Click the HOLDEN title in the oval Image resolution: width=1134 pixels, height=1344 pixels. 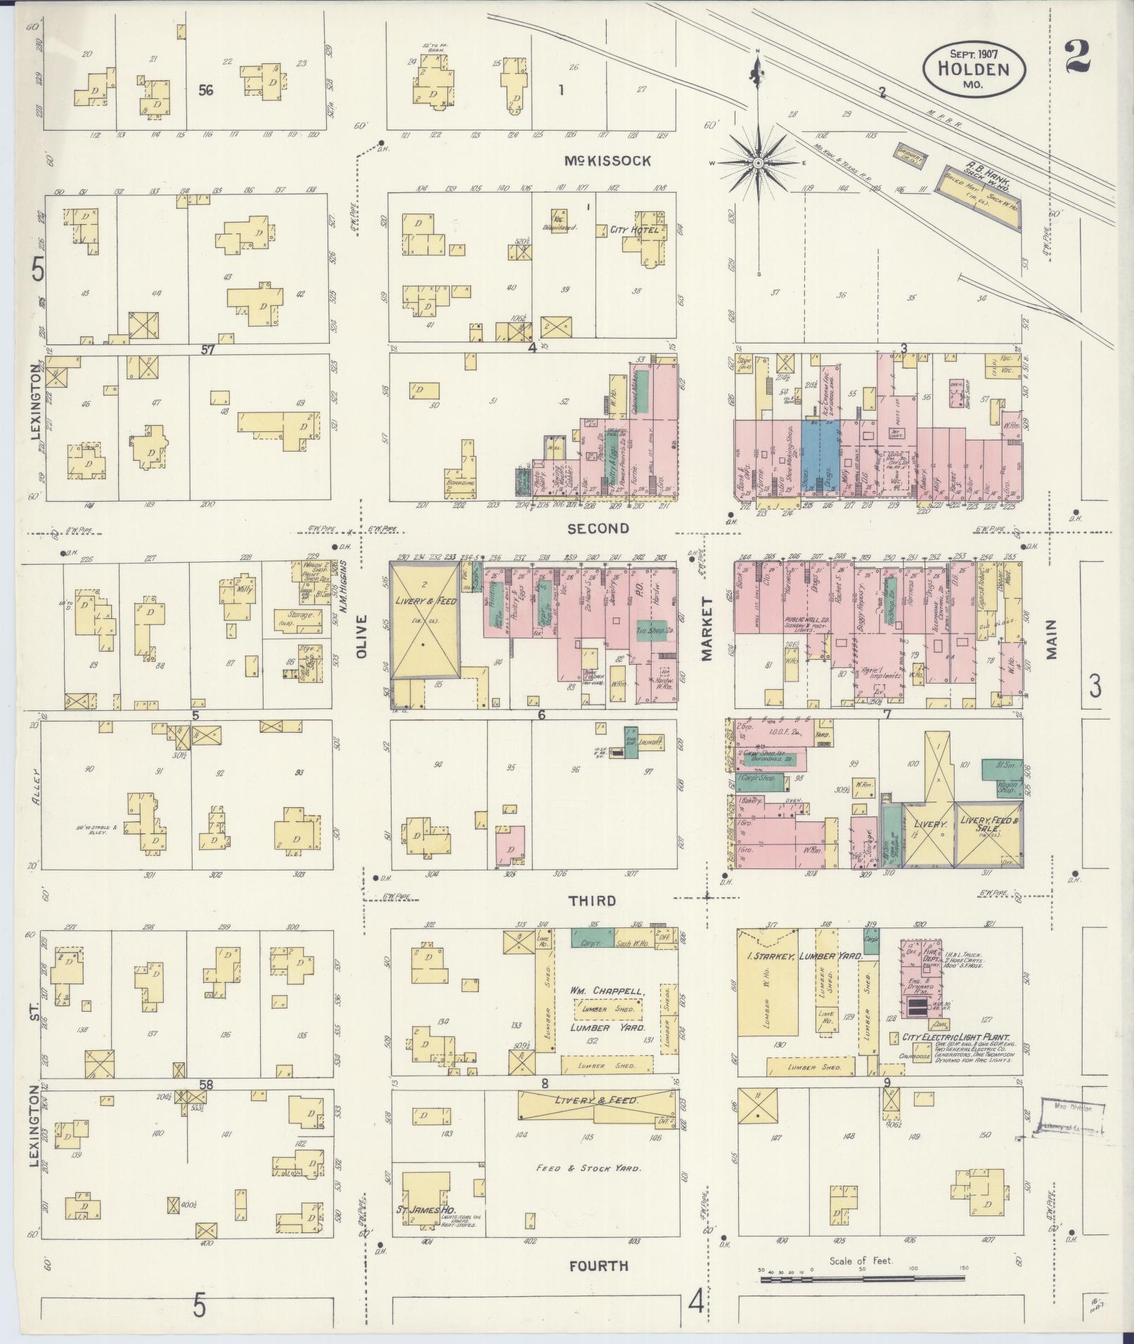click(974, 70)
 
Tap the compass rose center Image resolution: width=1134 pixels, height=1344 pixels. click(759, 163)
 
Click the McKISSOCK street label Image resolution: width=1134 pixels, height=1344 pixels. click(607, 161)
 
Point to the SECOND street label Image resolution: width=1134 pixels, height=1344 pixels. click(598, 528)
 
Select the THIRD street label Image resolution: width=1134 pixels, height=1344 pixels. click(592, 901)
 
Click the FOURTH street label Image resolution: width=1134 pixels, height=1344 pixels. click(598, 1266)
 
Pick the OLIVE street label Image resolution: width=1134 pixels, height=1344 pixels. click(362, 636)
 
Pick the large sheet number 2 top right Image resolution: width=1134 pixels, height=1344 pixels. click(1076, 57)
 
